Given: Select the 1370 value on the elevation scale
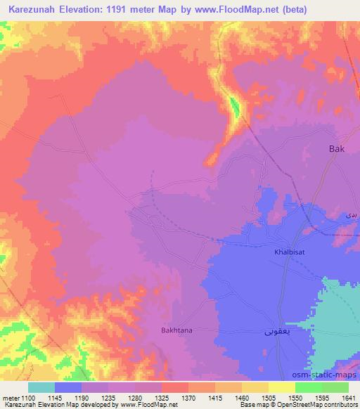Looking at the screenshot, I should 189,397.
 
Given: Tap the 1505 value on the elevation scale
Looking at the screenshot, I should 269,397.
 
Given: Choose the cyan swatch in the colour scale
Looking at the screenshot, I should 41,387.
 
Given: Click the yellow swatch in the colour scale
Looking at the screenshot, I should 281,387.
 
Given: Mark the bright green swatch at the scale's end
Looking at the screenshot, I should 335,387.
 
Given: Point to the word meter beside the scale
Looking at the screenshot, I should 10,397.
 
